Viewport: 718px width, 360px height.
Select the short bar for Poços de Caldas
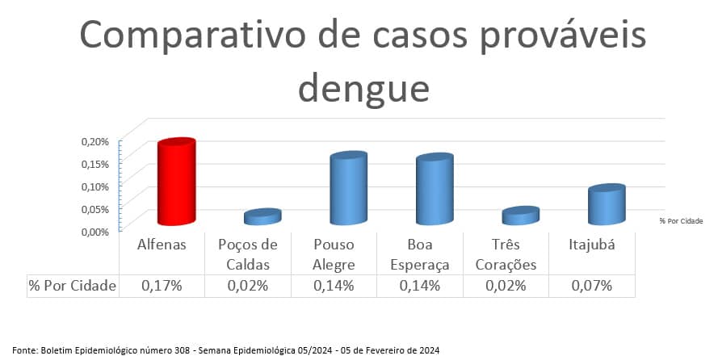(x=262, y=217)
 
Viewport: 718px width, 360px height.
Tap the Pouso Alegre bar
(x=348, y=188)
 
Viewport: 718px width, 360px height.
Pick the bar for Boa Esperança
(x=435, y=189)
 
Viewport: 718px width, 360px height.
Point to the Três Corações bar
(x=521, y=216)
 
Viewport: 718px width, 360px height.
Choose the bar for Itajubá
(x=607, y=204)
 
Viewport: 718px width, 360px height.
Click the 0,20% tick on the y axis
(x=95, y=141)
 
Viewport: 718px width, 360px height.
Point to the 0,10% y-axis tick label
(x=95, y=186)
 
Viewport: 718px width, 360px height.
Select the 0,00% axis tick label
(x=95, y=232)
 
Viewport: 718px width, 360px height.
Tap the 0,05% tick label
(x=95, y=209)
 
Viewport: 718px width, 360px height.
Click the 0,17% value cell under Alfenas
(x=162, y=286)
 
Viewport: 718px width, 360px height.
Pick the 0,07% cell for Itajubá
(x=592, y=286)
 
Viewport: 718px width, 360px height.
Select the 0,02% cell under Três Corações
(x=506, y=286)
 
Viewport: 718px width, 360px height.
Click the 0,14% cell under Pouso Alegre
(x=334, y=286)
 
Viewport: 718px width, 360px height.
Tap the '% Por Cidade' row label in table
(x=73, y=286)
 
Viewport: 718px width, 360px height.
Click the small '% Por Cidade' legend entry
(x=681, y=221)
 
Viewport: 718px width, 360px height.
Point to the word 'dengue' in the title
(x=364, y=88)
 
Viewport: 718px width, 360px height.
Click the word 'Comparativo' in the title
(x=192, y=36)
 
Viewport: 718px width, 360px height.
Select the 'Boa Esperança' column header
(x=420, y=255)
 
